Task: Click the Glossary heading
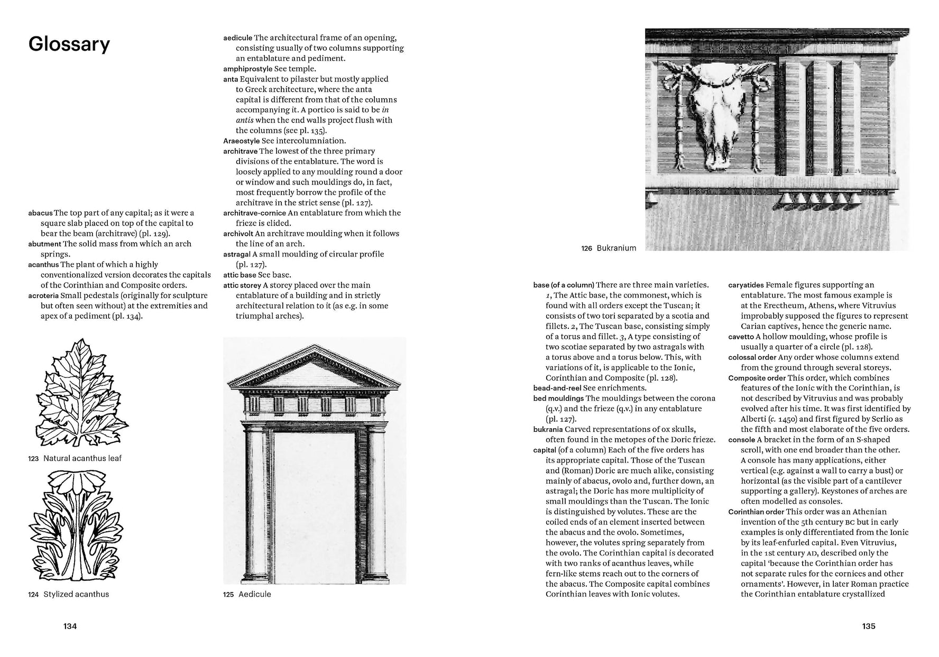pos(69,44)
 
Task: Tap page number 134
pos(70,626)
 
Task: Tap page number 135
pos(869,626)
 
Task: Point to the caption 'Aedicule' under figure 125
pos(254,594)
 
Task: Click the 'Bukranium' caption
pos(616,248)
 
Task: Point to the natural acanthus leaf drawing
pos(82,394)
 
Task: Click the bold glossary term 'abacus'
pos(40,213)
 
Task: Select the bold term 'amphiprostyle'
pos(247,69)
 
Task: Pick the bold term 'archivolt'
pos(238,234)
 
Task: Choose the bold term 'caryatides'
pos(745,285)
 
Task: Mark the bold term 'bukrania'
pos(548,429)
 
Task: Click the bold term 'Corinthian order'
pos(756,512)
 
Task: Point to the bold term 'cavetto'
pos(741,337)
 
